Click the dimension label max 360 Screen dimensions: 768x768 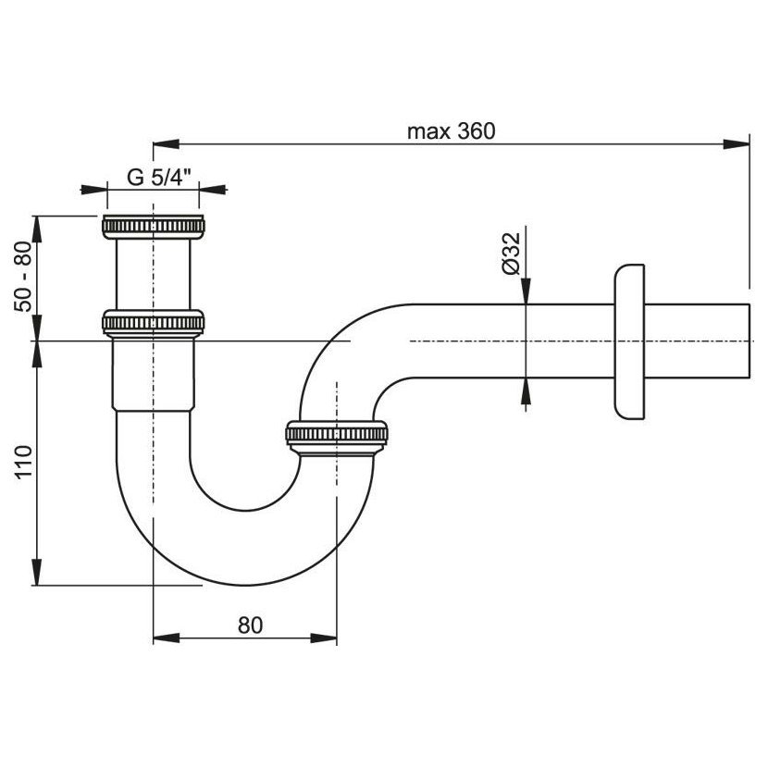[x=452, y=131]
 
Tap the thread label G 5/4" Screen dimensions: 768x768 [x=159, y=177]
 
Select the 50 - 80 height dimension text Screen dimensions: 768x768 [x=23, y=278]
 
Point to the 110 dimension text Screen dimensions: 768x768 [x=23, y=463]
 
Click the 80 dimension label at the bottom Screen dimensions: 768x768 [x=250, y=626]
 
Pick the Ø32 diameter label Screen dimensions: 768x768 [x=511, y=254]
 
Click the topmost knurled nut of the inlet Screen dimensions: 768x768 [x=154, y=227]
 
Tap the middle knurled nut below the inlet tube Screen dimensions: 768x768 [x=154, y=323]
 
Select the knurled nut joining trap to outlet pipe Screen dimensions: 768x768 [x=337, y=434]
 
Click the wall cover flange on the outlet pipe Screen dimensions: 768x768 [x=629, y=341]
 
